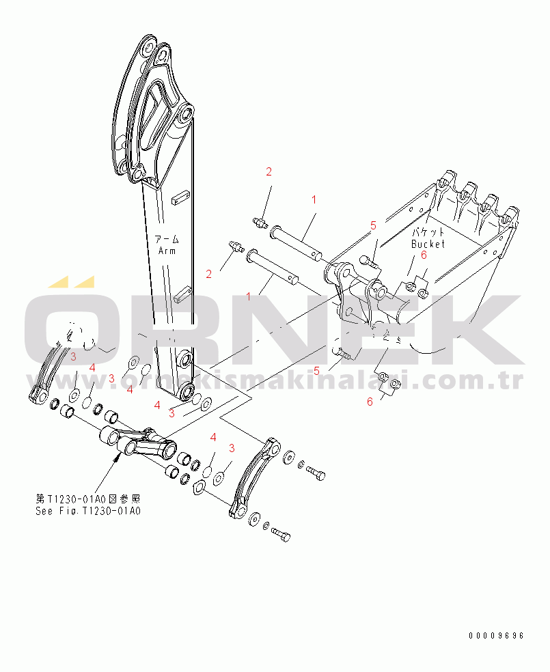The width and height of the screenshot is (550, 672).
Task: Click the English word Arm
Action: point(167,251)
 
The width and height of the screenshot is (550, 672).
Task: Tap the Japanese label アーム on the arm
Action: point(167,239)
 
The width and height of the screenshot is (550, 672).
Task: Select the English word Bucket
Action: point(428,244)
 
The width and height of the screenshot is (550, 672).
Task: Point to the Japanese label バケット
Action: point(428,232)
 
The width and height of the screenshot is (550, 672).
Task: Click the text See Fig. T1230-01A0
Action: point(88,511)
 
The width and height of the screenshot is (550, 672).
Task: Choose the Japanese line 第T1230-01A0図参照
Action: point(88,499)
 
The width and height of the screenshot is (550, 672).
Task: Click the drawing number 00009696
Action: point(496,636)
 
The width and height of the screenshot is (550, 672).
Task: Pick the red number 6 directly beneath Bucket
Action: point(424,255)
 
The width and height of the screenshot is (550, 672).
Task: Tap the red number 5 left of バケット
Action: point(373,225)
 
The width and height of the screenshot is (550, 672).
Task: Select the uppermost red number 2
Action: point(269,171)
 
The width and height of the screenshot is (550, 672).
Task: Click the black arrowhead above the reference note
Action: point(117,458)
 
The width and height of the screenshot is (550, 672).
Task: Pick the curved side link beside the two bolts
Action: point(255,478)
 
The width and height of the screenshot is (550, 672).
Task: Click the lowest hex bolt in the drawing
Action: point(281,535)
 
